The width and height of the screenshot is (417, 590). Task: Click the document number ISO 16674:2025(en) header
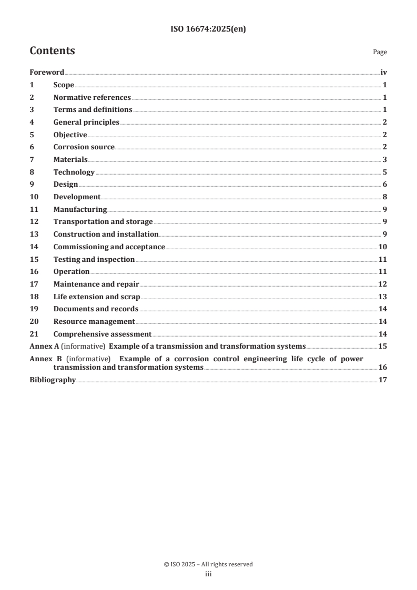coord(208,29)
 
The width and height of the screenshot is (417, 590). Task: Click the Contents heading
coord(52,51)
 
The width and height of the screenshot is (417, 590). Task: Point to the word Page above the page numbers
coord(380,52)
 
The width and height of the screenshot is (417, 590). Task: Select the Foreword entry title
coord(47,73)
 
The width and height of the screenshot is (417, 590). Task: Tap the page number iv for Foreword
coord(383,73)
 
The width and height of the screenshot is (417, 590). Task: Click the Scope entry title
coord(64,85)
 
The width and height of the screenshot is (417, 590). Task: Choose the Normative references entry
coord(92,97)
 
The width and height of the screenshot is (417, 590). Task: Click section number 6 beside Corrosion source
coord(32,147)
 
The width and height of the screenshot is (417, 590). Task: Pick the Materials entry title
coord(70,159)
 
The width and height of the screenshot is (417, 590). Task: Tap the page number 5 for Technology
coord(385,172)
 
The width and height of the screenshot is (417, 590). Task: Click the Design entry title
coord(66,185)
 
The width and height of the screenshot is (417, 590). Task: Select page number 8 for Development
coord(385,197)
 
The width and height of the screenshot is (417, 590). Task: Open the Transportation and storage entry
coord(103,222)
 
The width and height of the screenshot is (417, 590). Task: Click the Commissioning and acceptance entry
coord(109,247)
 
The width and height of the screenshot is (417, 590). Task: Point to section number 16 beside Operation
coord(34,271)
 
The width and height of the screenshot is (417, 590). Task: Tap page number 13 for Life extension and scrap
coord(383,297)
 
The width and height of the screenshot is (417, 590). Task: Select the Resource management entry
coord(94,321)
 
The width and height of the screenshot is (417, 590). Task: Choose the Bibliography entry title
coord(53,380)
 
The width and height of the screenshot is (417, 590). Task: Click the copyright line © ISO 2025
coord(208,564)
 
